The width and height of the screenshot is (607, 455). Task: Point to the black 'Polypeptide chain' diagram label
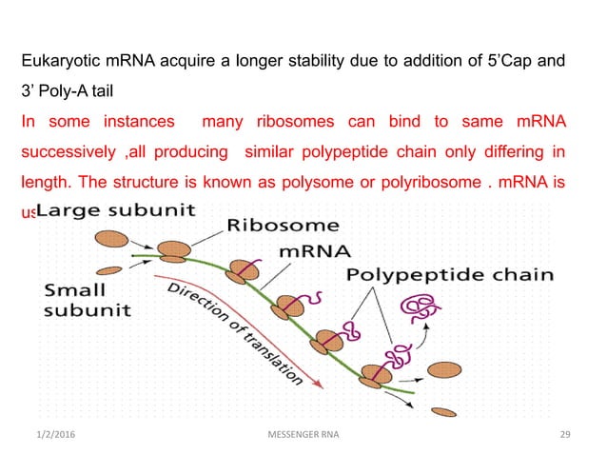coord(449,275)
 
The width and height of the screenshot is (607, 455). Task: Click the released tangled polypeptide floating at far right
coord(420,308)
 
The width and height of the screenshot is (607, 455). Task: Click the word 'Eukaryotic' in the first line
coord(62,63)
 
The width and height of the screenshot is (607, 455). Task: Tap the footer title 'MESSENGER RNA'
coord(303,435)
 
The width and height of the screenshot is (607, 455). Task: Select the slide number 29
coord(565,435)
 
